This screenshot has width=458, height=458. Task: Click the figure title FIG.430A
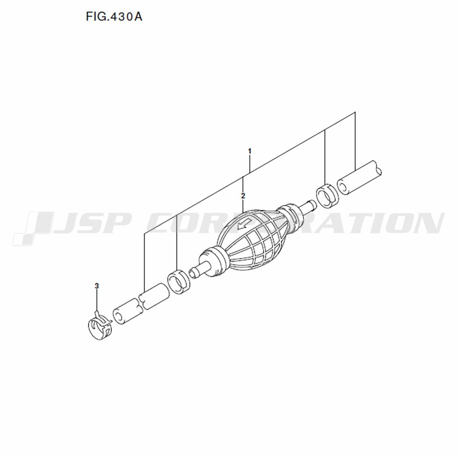coord(114,16)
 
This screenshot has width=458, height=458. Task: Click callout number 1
coord(250,151)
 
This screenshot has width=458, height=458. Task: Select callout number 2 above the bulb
coord(243,196)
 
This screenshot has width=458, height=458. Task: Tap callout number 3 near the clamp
coord(97,286)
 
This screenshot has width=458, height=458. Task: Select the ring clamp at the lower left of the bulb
coord(179,283)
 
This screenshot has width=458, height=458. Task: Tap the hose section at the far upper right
coord(359,178)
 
